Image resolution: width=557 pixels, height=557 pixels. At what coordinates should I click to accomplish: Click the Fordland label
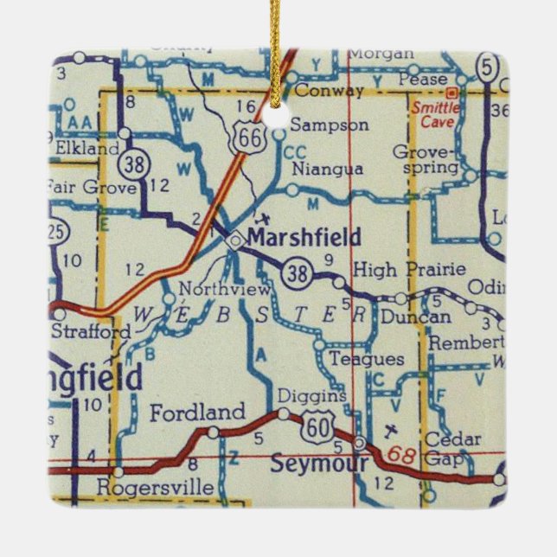point(197,413)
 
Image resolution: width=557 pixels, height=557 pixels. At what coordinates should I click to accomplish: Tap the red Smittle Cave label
point(435,114)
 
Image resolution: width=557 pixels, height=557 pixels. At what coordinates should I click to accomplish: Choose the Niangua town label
point(328,170)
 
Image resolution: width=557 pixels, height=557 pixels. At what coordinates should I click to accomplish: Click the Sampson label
point(330,125)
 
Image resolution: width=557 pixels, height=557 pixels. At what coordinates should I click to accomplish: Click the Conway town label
point(330,90)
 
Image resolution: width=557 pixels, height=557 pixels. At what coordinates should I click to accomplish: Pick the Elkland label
point(87,149)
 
